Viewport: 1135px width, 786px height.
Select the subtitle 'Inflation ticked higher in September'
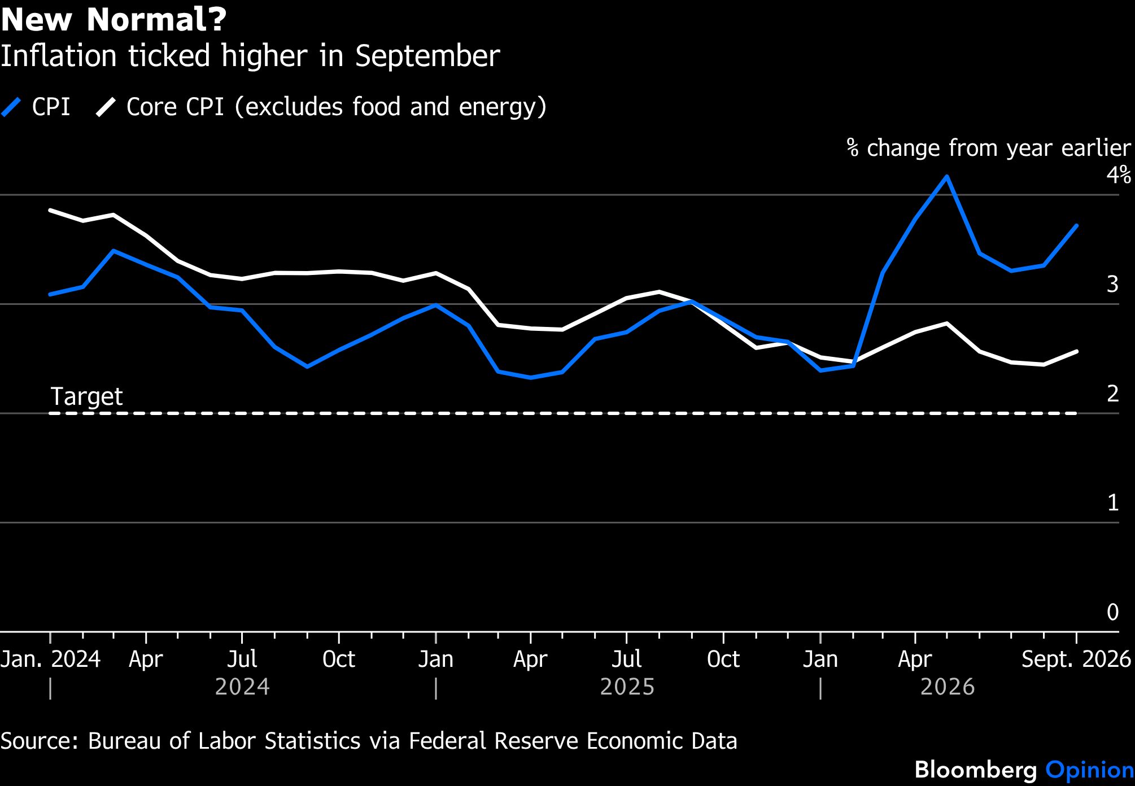point(250,56)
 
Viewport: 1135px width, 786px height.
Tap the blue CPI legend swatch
point(11,107)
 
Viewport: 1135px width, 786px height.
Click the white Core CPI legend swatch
point(106,107)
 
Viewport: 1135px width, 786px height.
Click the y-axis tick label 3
point(1112,284)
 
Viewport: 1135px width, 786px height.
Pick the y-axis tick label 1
point(1112,503)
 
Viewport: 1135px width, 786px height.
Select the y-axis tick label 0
point(1112,612)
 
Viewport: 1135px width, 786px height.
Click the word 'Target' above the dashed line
point(86,396)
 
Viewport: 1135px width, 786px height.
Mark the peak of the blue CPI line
point(946,177)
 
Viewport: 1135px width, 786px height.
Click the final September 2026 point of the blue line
point(1076,226)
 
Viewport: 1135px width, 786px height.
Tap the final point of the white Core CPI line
point(1076,352)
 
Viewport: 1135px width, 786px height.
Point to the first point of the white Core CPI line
point(51,210)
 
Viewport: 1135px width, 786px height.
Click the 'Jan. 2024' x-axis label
point(50,659)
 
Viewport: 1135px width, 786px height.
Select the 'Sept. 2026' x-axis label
point(1076,659)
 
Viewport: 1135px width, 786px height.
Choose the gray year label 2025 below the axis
point(627,687)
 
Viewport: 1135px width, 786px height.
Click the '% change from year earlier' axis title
point(989,148)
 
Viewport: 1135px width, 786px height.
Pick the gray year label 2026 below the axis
point(948,687)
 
